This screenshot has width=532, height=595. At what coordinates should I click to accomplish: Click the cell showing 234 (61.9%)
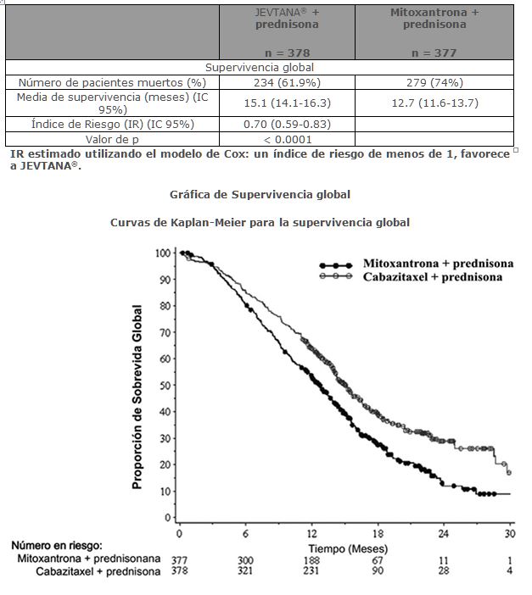click(x=287, y=82)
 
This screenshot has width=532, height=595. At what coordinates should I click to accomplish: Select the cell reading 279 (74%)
click(x=434, y=82)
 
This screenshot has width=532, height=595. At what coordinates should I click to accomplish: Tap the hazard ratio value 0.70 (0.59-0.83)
click(x=287, y=124)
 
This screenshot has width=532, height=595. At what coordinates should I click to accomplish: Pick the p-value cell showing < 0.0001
click(x=287, y=139)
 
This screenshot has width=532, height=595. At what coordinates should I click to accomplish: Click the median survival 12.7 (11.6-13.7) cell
click(x=434, y=103)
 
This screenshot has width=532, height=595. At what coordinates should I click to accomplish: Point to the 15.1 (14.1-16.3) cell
click(x=287, y=103)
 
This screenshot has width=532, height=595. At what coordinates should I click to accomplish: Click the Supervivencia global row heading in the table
click(x=260, y=67)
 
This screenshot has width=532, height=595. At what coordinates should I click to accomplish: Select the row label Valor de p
click(x=112, y=139)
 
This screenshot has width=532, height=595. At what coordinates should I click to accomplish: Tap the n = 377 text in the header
click(x=434, y=53)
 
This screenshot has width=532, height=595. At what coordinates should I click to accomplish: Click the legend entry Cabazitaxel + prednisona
click(x=433, y=276)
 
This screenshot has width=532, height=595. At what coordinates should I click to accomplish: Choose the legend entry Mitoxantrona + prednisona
click(x=438, y=264)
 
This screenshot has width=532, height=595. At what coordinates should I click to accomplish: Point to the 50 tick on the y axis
click(x=165, y=385)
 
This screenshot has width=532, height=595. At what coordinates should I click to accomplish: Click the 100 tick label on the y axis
click(x=163, y=253)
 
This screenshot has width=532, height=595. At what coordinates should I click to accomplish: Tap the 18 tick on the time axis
click(x=378, y=533)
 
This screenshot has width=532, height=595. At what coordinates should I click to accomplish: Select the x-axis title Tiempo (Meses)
click(x=348, y=548)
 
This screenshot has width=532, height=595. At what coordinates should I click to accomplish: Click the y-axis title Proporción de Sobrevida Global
click(x=137, y=397)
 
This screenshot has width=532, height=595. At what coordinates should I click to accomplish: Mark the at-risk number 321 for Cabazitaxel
click(x=245, y=570)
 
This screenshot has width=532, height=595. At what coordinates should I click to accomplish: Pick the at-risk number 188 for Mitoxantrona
click(x=311, y=560)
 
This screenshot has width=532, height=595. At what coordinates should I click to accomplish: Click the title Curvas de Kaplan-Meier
click(x=260, y=222)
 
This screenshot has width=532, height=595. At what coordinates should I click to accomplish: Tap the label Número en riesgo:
click(x=57, y=545)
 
